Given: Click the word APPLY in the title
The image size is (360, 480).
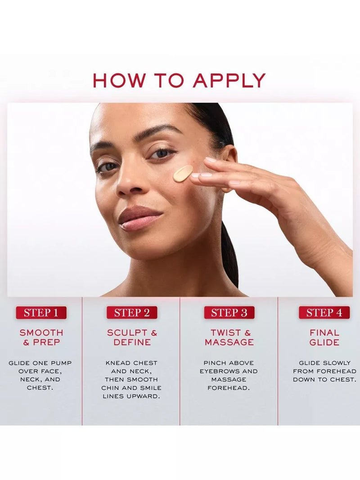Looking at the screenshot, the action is pyautogui.click(x=229, y=81).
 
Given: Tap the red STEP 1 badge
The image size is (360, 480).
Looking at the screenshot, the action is pyautogui.click(x=41, y=313).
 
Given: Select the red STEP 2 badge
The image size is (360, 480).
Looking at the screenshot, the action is pyautogui.click(x=132, y=313).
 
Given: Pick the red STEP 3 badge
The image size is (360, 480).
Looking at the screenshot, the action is pyautogui.click(x=229, y=313).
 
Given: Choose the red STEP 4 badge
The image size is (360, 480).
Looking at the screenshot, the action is pyautogui.click(x=324, y=313).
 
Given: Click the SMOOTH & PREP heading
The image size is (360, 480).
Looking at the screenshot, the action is pyautogui.click(x=41, y=337).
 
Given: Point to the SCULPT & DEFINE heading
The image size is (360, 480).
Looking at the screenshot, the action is pyautogui.click(x=132, y=337).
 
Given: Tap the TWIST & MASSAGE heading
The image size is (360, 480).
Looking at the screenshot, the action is pyautogui.click(x=229, y=337).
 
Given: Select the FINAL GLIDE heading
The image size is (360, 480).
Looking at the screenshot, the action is pyautogui.click(x=324, y=337).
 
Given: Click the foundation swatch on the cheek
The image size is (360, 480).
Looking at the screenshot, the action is pyautogui.click(x=183, y=173).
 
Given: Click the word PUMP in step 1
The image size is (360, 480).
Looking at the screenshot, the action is pyautogui.click(x=61, y=363).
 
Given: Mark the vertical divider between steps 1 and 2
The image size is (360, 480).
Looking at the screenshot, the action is pyautogui.click(x=82, y=361).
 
